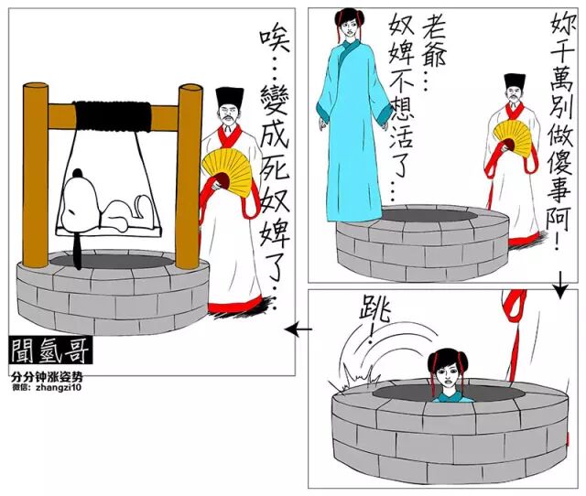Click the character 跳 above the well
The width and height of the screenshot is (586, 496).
click(374, 313)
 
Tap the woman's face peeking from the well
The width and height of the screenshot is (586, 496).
click(448, 374)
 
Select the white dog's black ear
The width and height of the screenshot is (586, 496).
click(77, 173)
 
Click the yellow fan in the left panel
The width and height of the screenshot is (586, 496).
click(228, 173)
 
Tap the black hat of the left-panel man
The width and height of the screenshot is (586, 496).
click(229, 99)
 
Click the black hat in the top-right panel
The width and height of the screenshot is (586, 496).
click(515, 81)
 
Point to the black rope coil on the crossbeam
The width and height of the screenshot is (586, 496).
click(113, 116)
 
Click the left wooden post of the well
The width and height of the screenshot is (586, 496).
click(35, 175)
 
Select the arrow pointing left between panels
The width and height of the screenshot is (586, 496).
click(298, 329)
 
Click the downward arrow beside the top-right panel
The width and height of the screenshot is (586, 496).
click(560, 285)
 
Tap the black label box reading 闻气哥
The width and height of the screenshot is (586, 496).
click(51, 351)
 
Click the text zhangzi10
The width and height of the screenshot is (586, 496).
click(59, 387)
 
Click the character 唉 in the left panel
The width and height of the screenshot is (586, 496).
click(275, 41)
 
